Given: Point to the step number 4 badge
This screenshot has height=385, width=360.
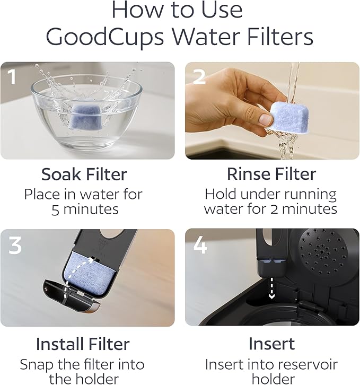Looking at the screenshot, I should point(199,244).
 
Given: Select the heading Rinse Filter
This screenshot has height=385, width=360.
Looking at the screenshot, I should point(271,174).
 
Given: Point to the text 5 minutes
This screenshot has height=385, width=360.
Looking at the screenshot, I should point(85,209).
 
